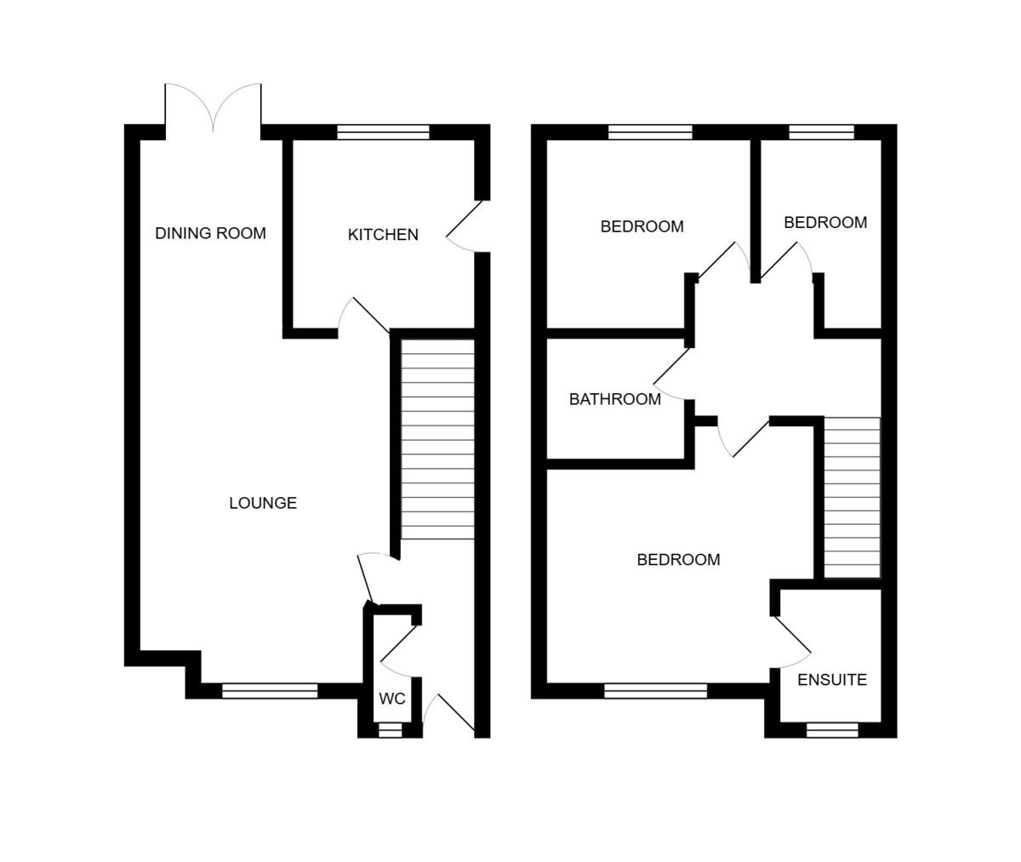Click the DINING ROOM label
(210, 233)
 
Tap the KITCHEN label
(383, 235)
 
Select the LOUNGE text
(263, 503)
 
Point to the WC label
(392, 699)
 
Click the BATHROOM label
(614, 399)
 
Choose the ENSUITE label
(832, 680)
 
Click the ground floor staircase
(437, 439)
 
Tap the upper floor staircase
(852, 498)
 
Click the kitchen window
(383, 132)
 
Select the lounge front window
(270, 691)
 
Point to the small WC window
(390, 729)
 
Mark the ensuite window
(832, 729)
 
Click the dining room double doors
(213, 109)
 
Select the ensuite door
(791, 642)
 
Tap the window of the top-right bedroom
(821, 132)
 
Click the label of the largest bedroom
(678, 560)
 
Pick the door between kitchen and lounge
(364, 317)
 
